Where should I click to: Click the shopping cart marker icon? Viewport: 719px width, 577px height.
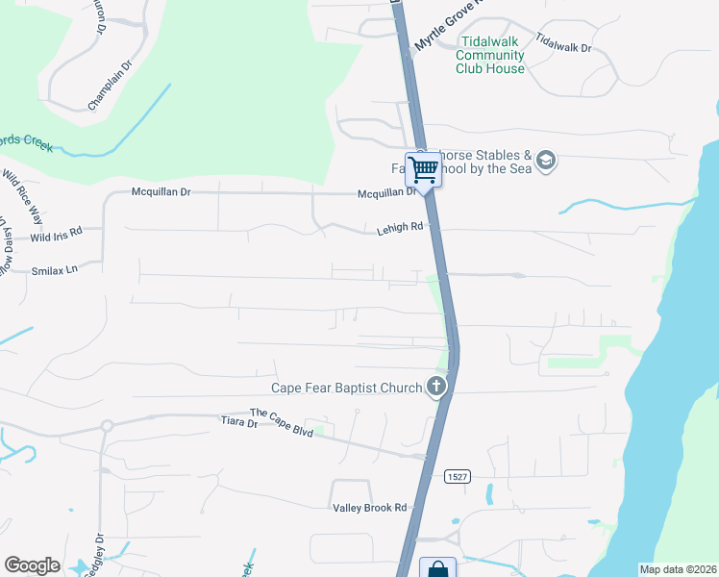click(x=423, y=171)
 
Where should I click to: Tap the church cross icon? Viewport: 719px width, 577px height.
click(x=436, y=388)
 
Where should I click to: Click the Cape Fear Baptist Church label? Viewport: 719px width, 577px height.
click(x=346, y=388)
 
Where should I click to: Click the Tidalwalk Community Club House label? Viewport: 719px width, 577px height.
click(x=491, y=56)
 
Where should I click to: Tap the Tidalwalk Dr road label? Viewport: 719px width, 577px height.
click(x=563, y=43)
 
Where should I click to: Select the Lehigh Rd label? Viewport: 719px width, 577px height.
click(x=399, y=229)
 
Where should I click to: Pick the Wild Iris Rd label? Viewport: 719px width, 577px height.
click(x=56, y=234)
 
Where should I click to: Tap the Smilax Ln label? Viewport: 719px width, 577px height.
click(x=54, y=271)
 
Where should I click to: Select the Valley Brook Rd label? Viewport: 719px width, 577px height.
click(x=370, y=508)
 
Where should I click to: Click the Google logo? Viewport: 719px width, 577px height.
click(x=32, y=565)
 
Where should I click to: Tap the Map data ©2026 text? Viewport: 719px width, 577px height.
click(x=678, y=569)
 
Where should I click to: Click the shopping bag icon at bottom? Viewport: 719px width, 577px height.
click(x=437, y=568)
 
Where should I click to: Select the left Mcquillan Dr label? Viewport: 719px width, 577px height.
click(x=161, y=192)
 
